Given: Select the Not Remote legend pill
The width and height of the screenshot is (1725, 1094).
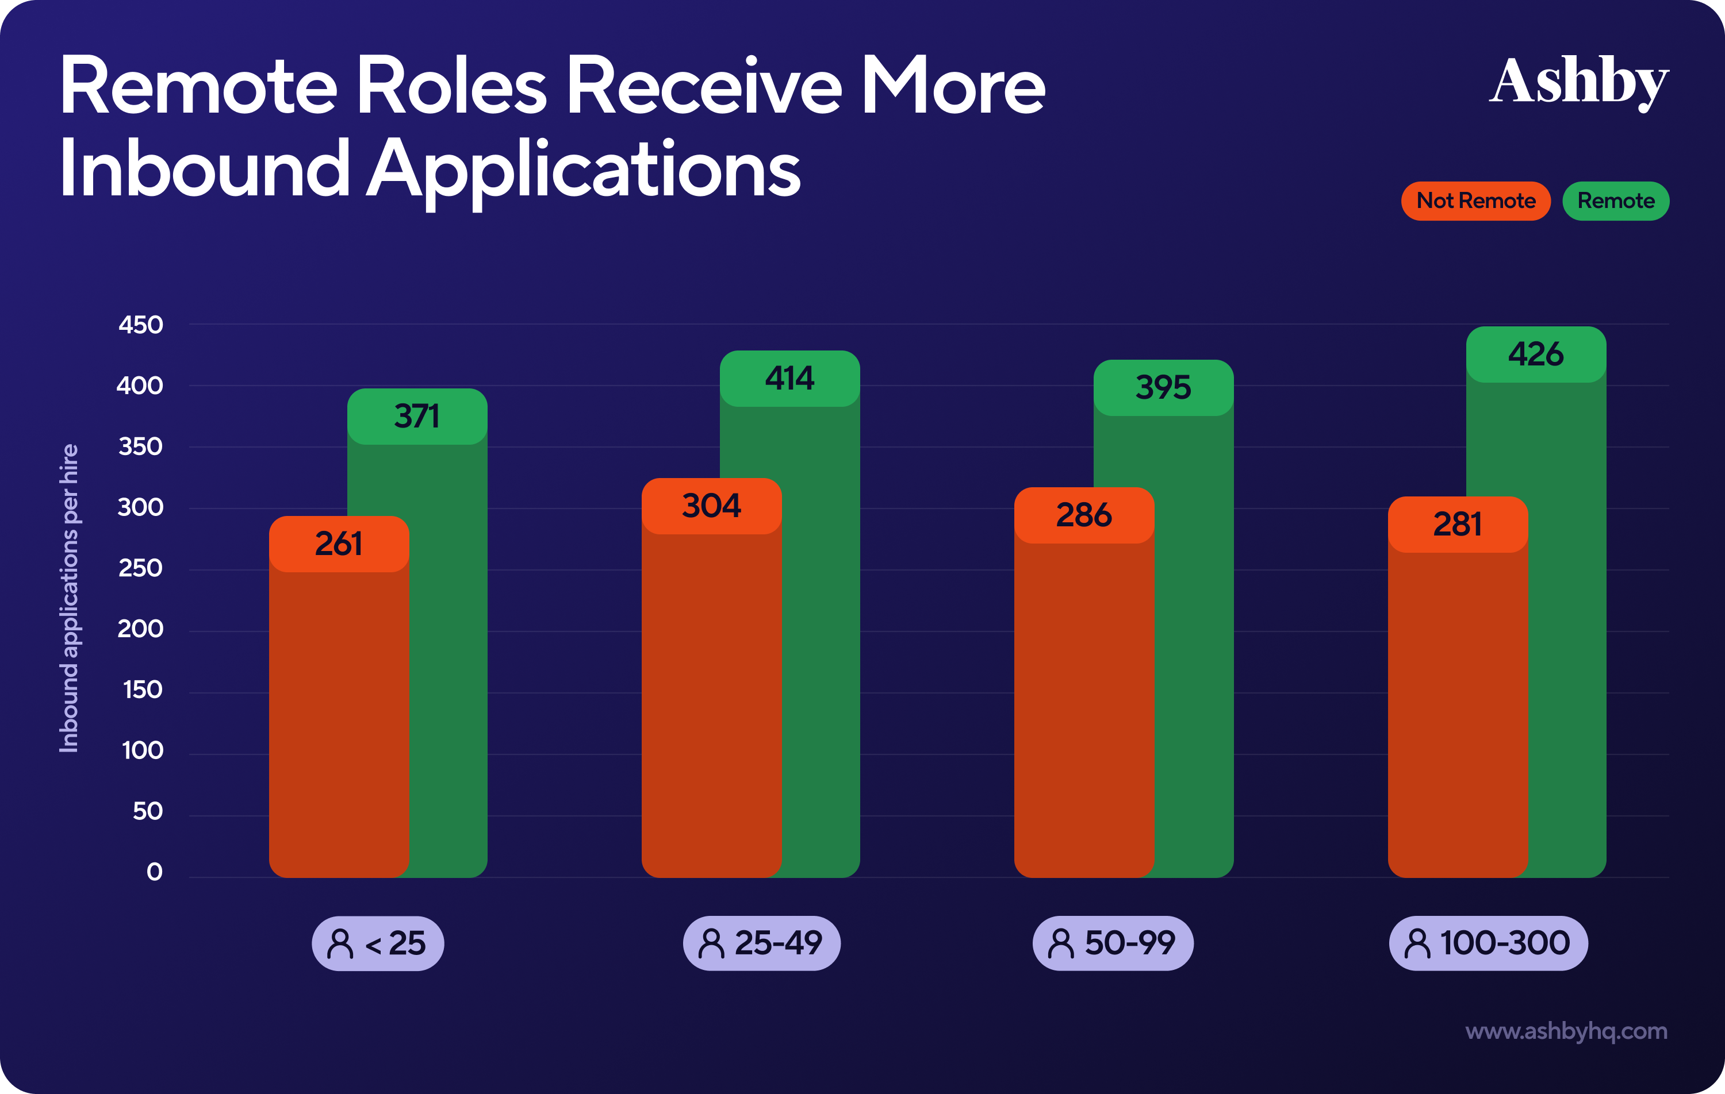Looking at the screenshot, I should pos(1475,201).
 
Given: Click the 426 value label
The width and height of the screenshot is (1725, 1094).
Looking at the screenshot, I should pos(1535,355).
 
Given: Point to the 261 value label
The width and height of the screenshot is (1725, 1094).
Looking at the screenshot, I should pos(339,544).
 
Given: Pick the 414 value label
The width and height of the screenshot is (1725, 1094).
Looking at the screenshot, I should pos(789,379).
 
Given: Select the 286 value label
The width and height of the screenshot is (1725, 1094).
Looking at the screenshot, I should pos(1084,515).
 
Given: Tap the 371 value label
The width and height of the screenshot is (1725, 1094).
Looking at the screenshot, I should pos(417,417).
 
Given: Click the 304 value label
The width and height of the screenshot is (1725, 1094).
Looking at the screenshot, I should pos(711,506).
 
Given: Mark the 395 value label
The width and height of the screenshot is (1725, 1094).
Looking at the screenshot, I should pos(1163,388).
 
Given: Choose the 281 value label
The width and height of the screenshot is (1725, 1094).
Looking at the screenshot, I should pos(1457,525).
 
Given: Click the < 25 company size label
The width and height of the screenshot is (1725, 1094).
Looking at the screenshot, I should pos(378,943).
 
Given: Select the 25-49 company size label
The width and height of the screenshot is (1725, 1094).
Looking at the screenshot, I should pos(761,943).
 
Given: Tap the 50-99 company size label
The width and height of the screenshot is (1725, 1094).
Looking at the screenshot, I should pos(1113,943).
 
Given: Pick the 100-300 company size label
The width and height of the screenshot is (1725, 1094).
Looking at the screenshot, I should pos(1488,943).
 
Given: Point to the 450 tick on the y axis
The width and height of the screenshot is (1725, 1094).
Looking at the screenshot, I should pos(140,325).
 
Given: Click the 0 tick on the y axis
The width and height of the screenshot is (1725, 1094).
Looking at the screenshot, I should pos(154,872).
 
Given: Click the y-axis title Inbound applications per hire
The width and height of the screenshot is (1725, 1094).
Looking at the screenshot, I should pos(69,598).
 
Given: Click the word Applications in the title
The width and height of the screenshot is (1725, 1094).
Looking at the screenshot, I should pos(583,170).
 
